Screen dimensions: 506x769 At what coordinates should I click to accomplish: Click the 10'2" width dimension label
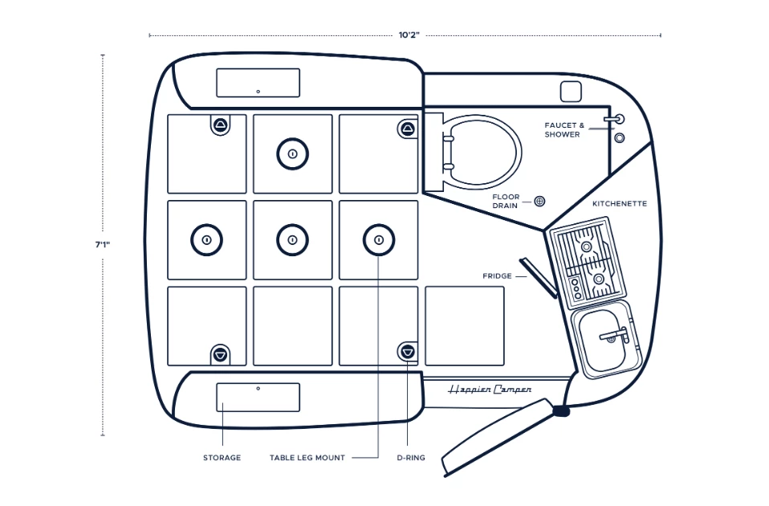point(409,35)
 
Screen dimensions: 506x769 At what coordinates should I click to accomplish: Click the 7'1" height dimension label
point(102,244)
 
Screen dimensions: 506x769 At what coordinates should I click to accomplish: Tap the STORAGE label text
point(222,458)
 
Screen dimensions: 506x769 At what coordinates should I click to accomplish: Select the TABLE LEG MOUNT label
point(307,458)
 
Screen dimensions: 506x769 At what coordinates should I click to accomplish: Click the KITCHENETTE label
point(620,204)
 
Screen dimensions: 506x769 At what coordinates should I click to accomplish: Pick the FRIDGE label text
point(497,276)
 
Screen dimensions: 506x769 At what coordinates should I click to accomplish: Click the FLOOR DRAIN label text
point(507,201)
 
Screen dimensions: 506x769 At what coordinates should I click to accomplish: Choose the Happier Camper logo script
point(490,390)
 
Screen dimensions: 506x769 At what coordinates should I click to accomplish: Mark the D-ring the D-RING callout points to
point(408,351)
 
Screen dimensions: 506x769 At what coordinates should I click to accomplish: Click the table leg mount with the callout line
point(378,239)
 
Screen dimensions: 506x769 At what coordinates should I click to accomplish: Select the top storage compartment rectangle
point(258,83)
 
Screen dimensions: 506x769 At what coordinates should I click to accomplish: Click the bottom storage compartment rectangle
point(258,398)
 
